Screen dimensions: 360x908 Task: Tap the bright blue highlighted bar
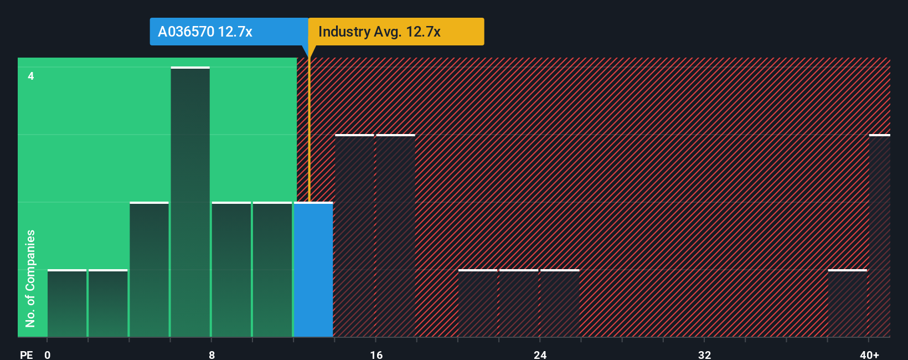313,270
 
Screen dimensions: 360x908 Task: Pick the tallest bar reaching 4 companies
190,202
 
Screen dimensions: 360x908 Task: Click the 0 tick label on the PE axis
48,354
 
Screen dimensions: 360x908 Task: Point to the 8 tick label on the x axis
211,354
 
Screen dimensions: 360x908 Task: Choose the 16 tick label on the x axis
376,354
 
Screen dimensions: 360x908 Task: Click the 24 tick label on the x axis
540,354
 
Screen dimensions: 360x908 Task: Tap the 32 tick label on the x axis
704,354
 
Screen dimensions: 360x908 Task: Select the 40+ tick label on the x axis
869,354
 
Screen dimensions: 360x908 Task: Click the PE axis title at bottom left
26,354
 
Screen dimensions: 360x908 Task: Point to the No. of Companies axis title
30,278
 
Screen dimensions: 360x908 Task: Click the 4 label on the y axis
31,76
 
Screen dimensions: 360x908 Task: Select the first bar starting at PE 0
67,304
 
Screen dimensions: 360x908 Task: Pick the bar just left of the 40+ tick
847,304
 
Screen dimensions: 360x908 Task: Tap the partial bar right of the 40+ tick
879,236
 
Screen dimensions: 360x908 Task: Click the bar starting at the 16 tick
395,236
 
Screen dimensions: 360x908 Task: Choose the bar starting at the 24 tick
560,304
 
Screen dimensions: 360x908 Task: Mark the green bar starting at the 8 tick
231,270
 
